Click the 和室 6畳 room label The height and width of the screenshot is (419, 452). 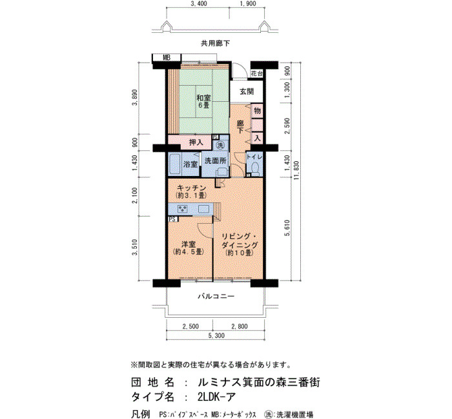click(x=203, y=101)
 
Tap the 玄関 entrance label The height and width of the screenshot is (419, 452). click(x=247, y=92)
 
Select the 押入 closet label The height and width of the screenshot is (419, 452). click(x=196, y=142)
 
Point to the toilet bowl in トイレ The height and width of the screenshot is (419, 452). click(x=254, y=168)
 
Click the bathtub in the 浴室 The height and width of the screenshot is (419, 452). click(x=175, y=164)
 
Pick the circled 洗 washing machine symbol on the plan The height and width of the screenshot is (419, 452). click(x=221, y=145)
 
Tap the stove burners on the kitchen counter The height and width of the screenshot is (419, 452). click(x=183, y=209)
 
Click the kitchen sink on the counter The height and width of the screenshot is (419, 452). click(x=203, y=209)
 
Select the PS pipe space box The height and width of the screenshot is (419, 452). click(x=173, y=219)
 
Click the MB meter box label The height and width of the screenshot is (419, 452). click(x=167, y=57)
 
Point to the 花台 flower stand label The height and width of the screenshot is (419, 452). click(x=256, y=73)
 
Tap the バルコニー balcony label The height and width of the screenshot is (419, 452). click(x=216, y=296)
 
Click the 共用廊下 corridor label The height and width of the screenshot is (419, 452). click(x=215, y=43)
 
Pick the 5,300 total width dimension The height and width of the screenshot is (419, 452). click(x=216, y=336)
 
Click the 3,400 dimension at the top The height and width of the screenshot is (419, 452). click(x=198, y=3)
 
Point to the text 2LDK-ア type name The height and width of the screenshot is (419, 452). click(x=216, y=397)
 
